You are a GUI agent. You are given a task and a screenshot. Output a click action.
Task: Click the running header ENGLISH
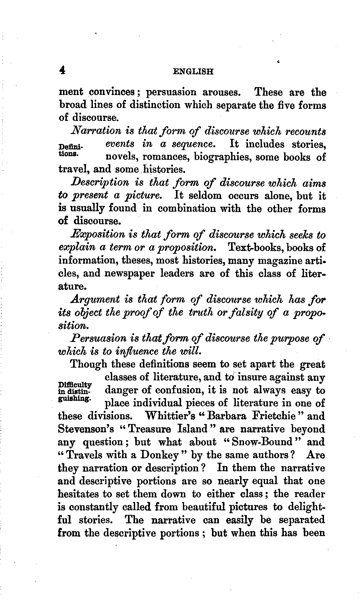(x=193, y=71)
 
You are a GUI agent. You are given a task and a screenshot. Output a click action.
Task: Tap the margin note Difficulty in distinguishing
(x=75, y=391)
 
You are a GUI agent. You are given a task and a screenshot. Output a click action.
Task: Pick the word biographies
(x=222, y=157)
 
